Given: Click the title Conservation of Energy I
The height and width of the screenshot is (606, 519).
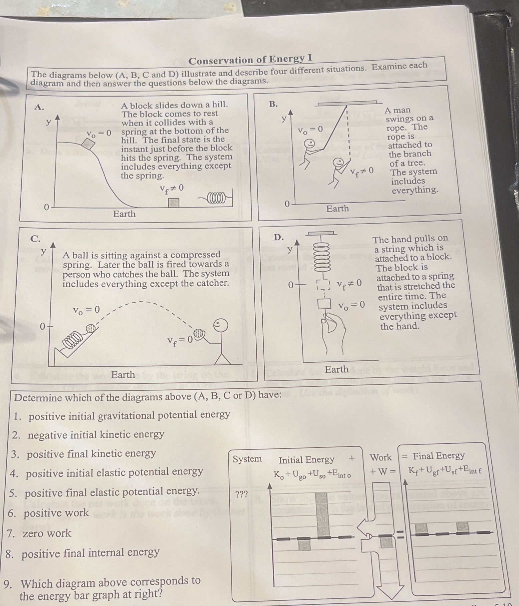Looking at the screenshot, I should click(x=250, y=60).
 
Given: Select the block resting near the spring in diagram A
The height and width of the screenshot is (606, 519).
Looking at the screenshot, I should click(x=174, y=203).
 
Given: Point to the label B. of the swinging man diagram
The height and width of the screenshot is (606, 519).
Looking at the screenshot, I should click(x=273, y=104).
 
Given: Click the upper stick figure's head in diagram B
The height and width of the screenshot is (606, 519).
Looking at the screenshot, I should click(x=310, y=143).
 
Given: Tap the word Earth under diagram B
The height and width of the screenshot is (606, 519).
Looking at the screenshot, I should click(x=337, y=209).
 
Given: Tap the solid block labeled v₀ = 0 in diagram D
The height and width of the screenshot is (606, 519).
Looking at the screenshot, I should click(x=324, y=304).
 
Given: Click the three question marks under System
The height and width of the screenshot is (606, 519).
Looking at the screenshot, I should click(x=241, y=494).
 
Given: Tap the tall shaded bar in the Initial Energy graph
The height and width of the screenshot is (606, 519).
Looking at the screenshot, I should click(x=322, y=514).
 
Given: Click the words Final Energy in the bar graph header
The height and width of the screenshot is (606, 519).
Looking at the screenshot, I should click(x=438, y=456).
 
